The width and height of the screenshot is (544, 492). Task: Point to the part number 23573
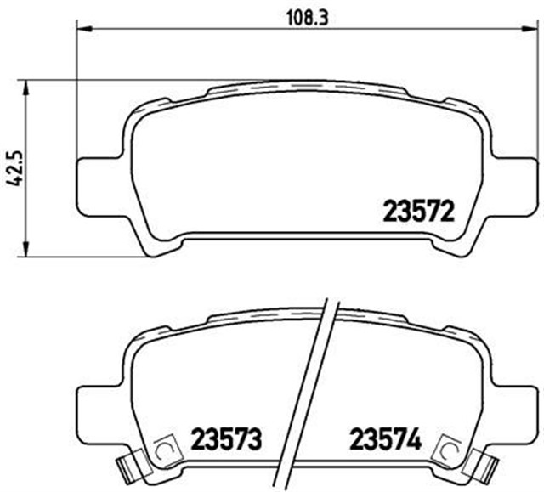click(225, 440)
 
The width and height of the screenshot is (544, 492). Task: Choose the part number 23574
click(385, 440)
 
